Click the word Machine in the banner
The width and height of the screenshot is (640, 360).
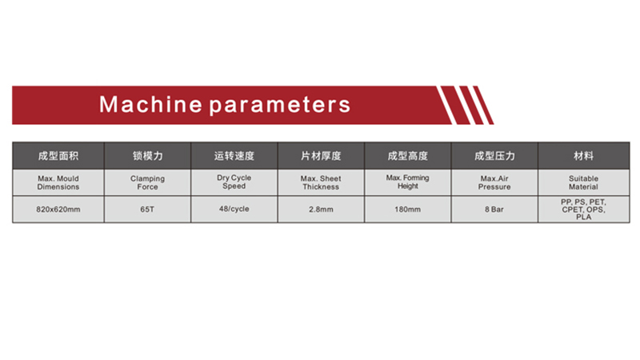pos(150,105)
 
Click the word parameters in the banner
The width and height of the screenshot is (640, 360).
pos(280,106)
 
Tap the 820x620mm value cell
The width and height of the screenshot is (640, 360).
pos(58,210)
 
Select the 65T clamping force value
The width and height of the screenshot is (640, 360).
pos(147,210)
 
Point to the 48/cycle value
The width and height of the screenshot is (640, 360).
pos(234,209)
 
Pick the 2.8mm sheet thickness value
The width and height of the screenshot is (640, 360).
pos(321,210)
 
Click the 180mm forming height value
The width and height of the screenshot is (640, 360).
pos(407,210)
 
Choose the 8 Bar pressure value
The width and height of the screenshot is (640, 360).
pos(494,210)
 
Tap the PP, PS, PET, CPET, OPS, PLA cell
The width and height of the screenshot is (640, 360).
pos(584,210)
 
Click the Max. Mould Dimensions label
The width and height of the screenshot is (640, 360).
pos(58,182)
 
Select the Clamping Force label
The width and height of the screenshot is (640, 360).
pos(147,182)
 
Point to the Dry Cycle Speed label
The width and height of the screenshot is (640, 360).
pos(234,182)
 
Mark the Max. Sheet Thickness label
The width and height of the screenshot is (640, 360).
pos(321,182)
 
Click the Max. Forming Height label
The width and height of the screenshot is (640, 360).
pos(407,182)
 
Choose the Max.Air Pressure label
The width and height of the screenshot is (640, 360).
pos(494,182)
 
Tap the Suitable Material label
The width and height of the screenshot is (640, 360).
pos(584,182)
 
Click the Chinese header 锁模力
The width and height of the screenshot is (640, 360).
pos(147,156)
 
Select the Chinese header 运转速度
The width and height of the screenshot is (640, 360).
pos(234,156)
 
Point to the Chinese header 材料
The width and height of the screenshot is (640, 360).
pos(584,156)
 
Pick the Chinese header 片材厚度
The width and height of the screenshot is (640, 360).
pos(321,156)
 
